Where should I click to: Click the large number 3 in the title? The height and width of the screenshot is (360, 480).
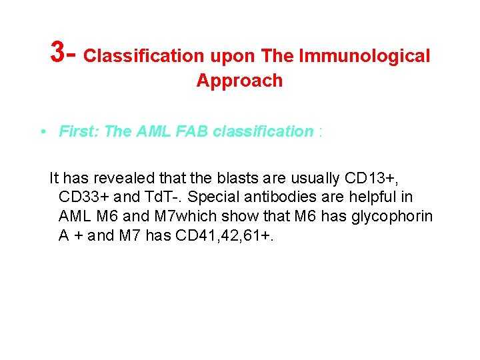pyautogui.click(x=59, y=51)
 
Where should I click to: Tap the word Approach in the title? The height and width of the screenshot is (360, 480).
pyautogui.click(x=239, y=81)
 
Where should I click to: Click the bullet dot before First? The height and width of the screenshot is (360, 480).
pyautogui.click(x=42, y=131)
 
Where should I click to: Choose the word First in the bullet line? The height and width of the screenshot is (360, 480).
pyautogui.click(x=79, y=131)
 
